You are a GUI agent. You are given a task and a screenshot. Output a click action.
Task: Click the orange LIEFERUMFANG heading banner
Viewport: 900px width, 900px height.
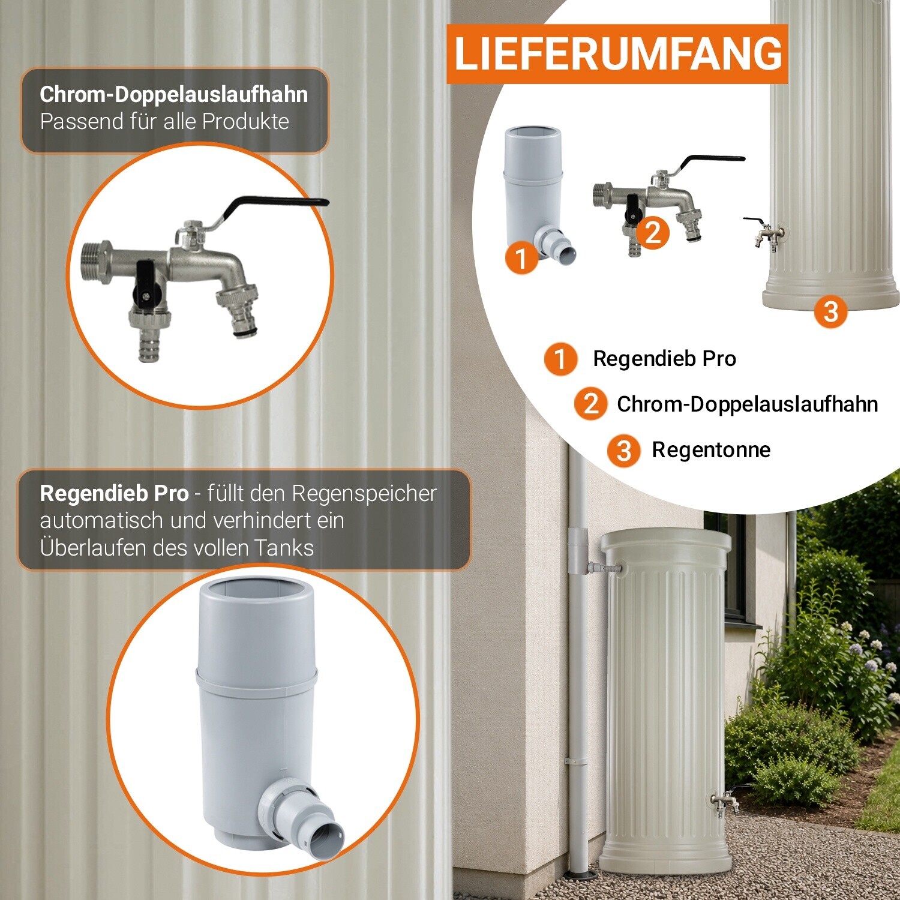point(617,54)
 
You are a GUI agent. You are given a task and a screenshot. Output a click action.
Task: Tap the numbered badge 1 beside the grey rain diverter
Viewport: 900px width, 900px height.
point(521,258)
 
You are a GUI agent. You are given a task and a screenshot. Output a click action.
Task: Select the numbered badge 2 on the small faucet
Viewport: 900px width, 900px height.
point(653,232)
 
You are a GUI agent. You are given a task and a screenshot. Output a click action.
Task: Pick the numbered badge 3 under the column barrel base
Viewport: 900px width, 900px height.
point(831,311)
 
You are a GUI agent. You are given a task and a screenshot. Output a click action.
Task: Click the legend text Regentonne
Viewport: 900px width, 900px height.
point(711,449)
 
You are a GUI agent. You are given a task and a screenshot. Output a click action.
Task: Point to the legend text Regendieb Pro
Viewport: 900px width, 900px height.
point(664,358)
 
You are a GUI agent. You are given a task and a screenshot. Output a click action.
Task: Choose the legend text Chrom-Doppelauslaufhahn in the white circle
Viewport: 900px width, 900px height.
point(747,404)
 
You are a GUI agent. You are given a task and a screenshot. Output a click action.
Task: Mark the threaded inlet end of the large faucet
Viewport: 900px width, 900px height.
point(95,263)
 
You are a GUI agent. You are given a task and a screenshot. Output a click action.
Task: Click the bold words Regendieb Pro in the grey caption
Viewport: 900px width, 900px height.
point(114,493)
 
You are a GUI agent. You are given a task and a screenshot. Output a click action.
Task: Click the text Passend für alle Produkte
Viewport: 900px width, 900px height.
point(164,122)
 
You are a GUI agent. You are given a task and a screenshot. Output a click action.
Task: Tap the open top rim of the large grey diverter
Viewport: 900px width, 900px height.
point(256,590)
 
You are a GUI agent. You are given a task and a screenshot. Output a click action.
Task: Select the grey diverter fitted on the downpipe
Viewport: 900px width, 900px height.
point(580,551)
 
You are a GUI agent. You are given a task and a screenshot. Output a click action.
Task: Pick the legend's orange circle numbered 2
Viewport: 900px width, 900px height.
point(591,404)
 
